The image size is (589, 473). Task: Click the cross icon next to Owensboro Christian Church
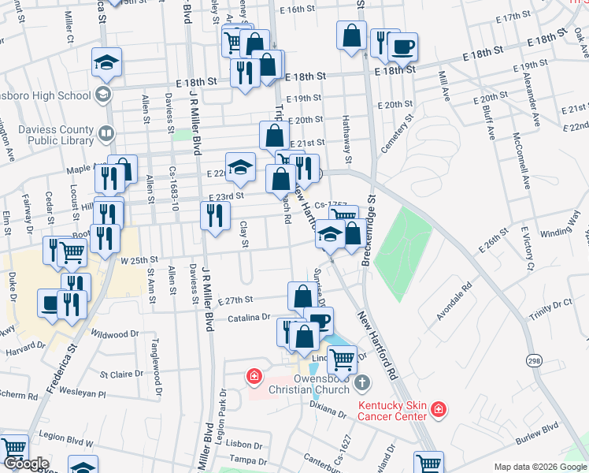pyautogui.click(x=361, y=384)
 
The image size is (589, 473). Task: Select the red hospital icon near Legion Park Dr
pyautogui.click(x=254, y=377)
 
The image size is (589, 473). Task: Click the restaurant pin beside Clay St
pyautogui.click(x=215, y=215)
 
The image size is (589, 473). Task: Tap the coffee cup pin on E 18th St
pyautogui.click(x=402, y=46)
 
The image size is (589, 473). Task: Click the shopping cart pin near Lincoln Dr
pyautogui.click(x=342, y=359)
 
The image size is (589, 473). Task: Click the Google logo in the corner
pyautogui.click(x=26, y=464)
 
